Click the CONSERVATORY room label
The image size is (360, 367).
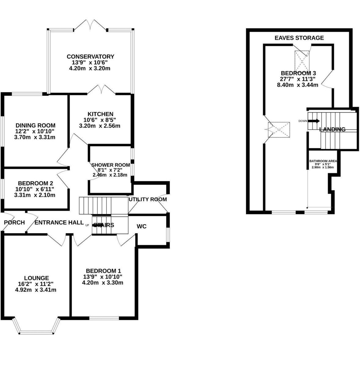(x=90, y=57)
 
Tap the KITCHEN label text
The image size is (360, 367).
(x=100, y=114)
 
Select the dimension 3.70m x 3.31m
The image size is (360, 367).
(x=35, y=137)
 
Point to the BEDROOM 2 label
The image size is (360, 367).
(x=35, y=183)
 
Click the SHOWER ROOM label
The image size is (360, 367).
(x=111, y=165)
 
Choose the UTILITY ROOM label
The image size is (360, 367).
(x=148, y=199)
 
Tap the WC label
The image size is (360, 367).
(x=142, y=226)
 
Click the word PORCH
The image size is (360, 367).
(x=14, y=222)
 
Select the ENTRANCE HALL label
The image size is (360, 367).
(x=59, y=222)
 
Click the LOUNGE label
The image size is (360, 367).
(x=37, y=278)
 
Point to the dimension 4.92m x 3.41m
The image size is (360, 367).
(x=35, y=290)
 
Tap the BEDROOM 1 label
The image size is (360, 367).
(x=103, y=271)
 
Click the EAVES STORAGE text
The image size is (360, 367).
(x=299, y=38)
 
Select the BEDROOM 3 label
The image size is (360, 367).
(x=299, y=73)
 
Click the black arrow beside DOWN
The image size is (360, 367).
(x=314, y=121)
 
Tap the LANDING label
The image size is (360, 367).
(x=332, y=129)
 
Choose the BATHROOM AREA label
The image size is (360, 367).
(x=323, y=161)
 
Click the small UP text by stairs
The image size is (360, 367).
(x=87, y=225)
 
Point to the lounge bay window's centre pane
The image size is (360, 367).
(x=37, y=332)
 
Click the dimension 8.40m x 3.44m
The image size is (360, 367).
(x=298, y=85)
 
